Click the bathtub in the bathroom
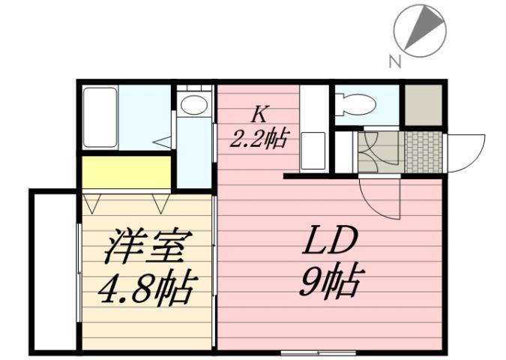click(100, 117)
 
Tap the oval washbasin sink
click(193, 104)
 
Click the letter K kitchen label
click(259, 115)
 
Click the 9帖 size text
click(329, 283)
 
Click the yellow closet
click(126, 172)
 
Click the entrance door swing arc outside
click(466, 150)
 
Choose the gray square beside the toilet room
click(424, 106)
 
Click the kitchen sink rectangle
click(313, 151)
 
